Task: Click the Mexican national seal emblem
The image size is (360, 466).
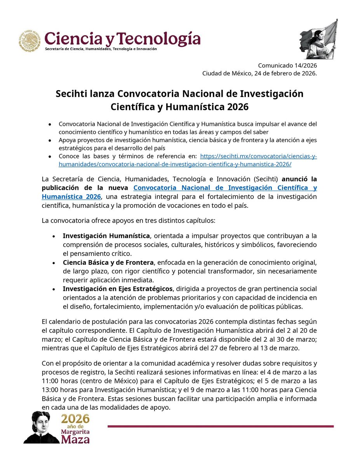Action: click(x=30, y=41)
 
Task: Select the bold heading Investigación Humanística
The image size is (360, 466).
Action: click(x=106, y=236)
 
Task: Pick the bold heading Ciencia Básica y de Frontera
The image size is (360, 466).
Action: click(x=108, y=262)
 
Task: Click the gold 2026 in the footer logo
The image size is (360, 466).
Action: click(x=76, y=419)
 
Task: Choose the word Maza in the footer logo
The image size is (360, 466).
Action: click(x=76, y=438)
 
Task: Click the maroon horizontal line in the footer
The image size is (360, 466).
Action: click(x=220, y=426)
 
